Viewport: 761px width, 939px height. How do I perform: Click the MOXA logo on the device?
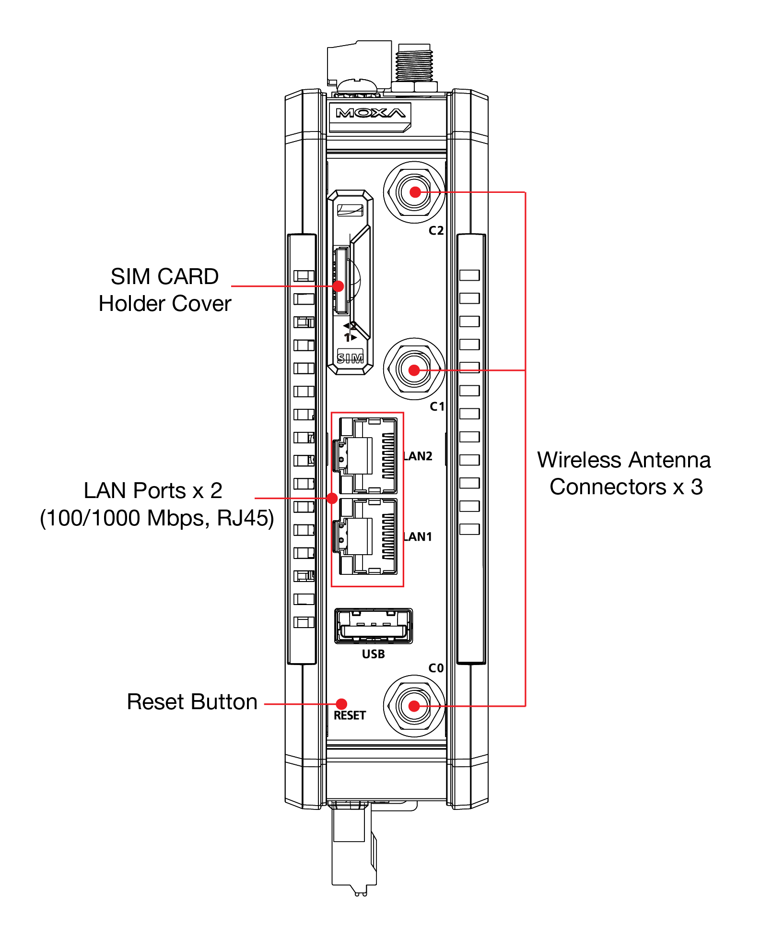[x=370, y=114]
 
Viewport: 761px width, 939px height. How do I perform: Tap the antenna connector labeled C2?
[x=415, y=192]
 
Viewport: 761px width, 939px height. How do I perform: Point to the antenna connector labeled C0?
[x=414, y=706]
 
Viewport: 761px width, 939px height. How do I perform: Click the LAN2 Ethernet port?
[x=368, y=456]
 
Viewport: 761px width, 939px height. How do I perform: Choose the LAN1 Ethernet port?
[x=368, y=536]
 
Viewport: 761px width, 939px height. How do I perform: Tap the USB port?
[x=374, y=626]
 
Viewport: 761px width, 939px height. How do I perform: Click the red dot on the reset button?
[x=341, y=704]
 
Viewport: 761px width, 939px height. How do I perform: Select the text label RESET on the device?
[x=350, y=715]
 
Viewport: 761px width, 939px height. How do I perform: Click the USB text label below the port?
[x=374, y=654]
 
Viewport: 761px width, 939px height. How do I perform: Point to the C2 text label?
[x=436, y=231]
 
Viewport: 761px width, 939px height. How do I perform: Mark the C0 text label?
[x=436, y=668]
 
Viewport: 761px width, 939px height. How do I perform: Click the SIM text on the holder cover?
[x=350, y=358]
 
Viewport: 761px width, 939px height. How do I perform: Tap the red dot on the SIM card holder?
[x=338, y=286]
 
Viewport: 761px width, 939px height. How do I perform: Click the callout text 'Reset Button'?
[x=192, y=702]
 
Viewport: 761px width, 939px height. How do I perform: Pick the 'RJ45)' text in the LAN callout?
[x=245, y=518]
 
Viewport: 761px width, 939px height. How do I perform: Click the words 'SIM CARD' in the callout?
[x=164, y=277]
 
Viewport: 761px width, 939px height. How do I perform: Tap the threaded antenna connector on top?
[x=414, y=65]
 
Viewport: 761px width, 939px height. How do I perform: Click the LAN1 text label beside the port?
[x=418, y=537]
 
